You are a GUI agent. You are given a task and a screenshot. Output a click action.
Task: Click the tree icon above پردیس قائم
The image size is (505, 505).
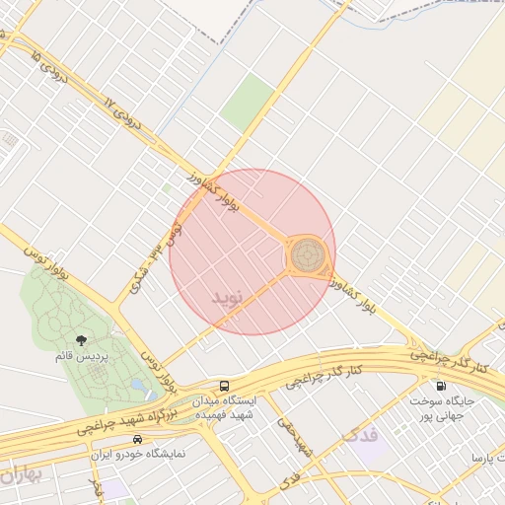click(x=95, y=339)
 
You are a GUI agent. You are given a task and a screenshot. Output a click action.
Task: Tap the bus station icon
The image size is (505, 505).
click(x=225, y=386)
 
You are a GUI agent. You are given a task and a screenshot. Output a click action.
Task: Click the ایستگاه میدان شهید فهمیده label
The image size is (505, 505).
click(x=225, y=408)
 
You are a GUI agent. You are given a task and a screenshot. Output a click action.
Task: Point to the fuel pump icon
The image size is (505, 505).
click(x=439, y=386)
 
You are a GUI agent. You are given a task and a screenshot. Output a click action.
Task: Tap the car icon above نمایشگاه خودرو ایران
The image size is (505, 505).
click(x=138, y=438)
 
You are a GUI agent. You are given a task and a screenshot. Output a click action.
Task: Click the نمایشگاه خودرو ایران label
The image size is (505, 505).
click(x=138, y=454)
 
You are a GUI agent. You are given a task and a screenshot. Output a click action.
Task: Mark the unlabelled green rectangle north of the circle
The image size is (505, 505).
click(x=247, y=103)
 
